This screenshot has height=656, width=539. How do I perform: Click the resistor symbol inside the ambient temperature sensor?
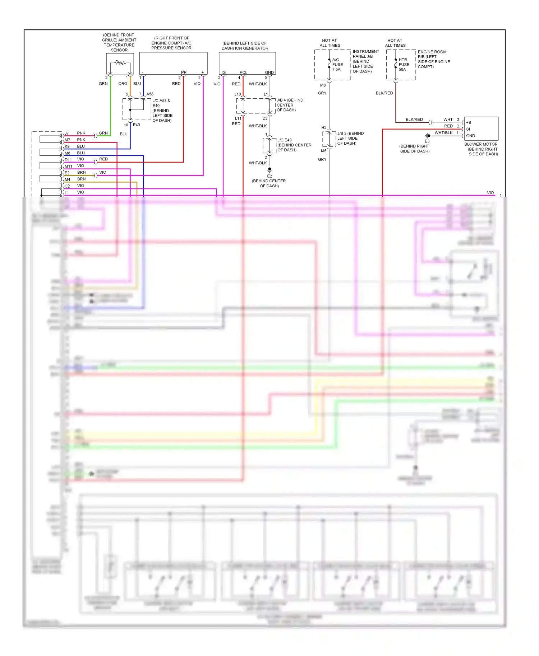(x=120, y=63)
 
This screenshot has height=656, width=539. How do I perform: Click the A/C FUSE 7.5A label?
(x=337, y=65)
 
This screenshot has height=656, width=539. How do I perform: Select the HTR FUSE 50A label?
(x=404, y=65)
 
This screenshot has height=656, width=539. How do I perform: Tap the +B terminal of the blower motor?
(x=469, y=123)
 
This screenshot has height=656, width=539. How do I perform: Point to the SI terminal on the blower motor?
(x=468, y=129)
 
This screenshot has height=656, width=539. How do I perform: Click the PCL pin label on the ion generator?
(x=243, y=72)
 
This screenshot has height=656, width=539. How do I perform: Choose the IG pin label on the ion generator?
(x=224, y=72)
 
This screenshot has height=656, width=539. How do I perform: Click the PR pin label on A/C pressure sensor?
(x=184, y=72)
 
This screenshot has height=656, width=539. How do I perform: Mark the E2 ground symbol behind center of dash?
(x=269, y=170)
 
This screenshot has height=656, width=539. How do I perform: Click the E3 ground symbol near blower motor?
(x=427, y=136)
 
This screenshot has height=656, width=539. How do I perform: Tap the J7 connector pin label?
(x=67, y=133)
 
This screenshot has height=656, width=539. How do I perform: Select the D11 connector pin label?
(x=68, y=160)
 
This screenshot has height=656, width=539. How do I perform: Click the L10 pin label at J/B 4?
(x=238, y=94)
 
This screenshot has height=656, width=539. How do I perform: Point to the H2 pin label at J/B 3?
(x=324, y=128)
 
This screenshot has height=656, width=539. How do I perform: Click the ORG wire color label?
(x=123, y=84)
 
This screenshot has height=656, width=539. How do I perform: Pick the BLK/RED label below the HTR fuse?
(x=384, y=93)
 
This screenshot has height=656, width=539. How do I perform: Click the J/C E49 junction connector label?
(x=284, y=140)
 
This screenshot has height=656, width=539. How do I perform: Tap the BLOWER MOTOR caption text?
(x=481, y=144)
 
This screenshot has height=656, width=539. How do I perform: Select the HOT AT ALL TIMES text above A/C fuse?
(x=330, y=43)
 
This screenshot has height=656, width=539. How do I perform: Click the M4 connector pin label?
(x=67, y=179)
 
